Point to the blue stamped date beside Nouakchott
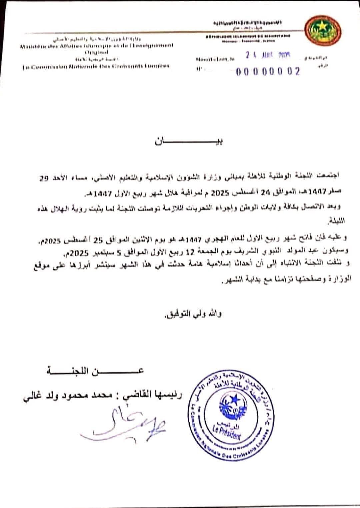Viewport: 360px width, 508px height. tap(268, 55)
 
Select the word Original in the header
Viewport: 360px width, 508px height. tap(96, 52)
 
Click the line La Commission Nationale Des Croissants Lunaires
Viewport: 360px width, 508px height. tap(96, 66)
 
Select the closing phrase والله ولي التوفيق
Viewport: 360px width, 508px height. tap(192, 314)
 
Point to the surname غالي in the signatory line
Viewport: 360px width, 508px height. tap(34, 398)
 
